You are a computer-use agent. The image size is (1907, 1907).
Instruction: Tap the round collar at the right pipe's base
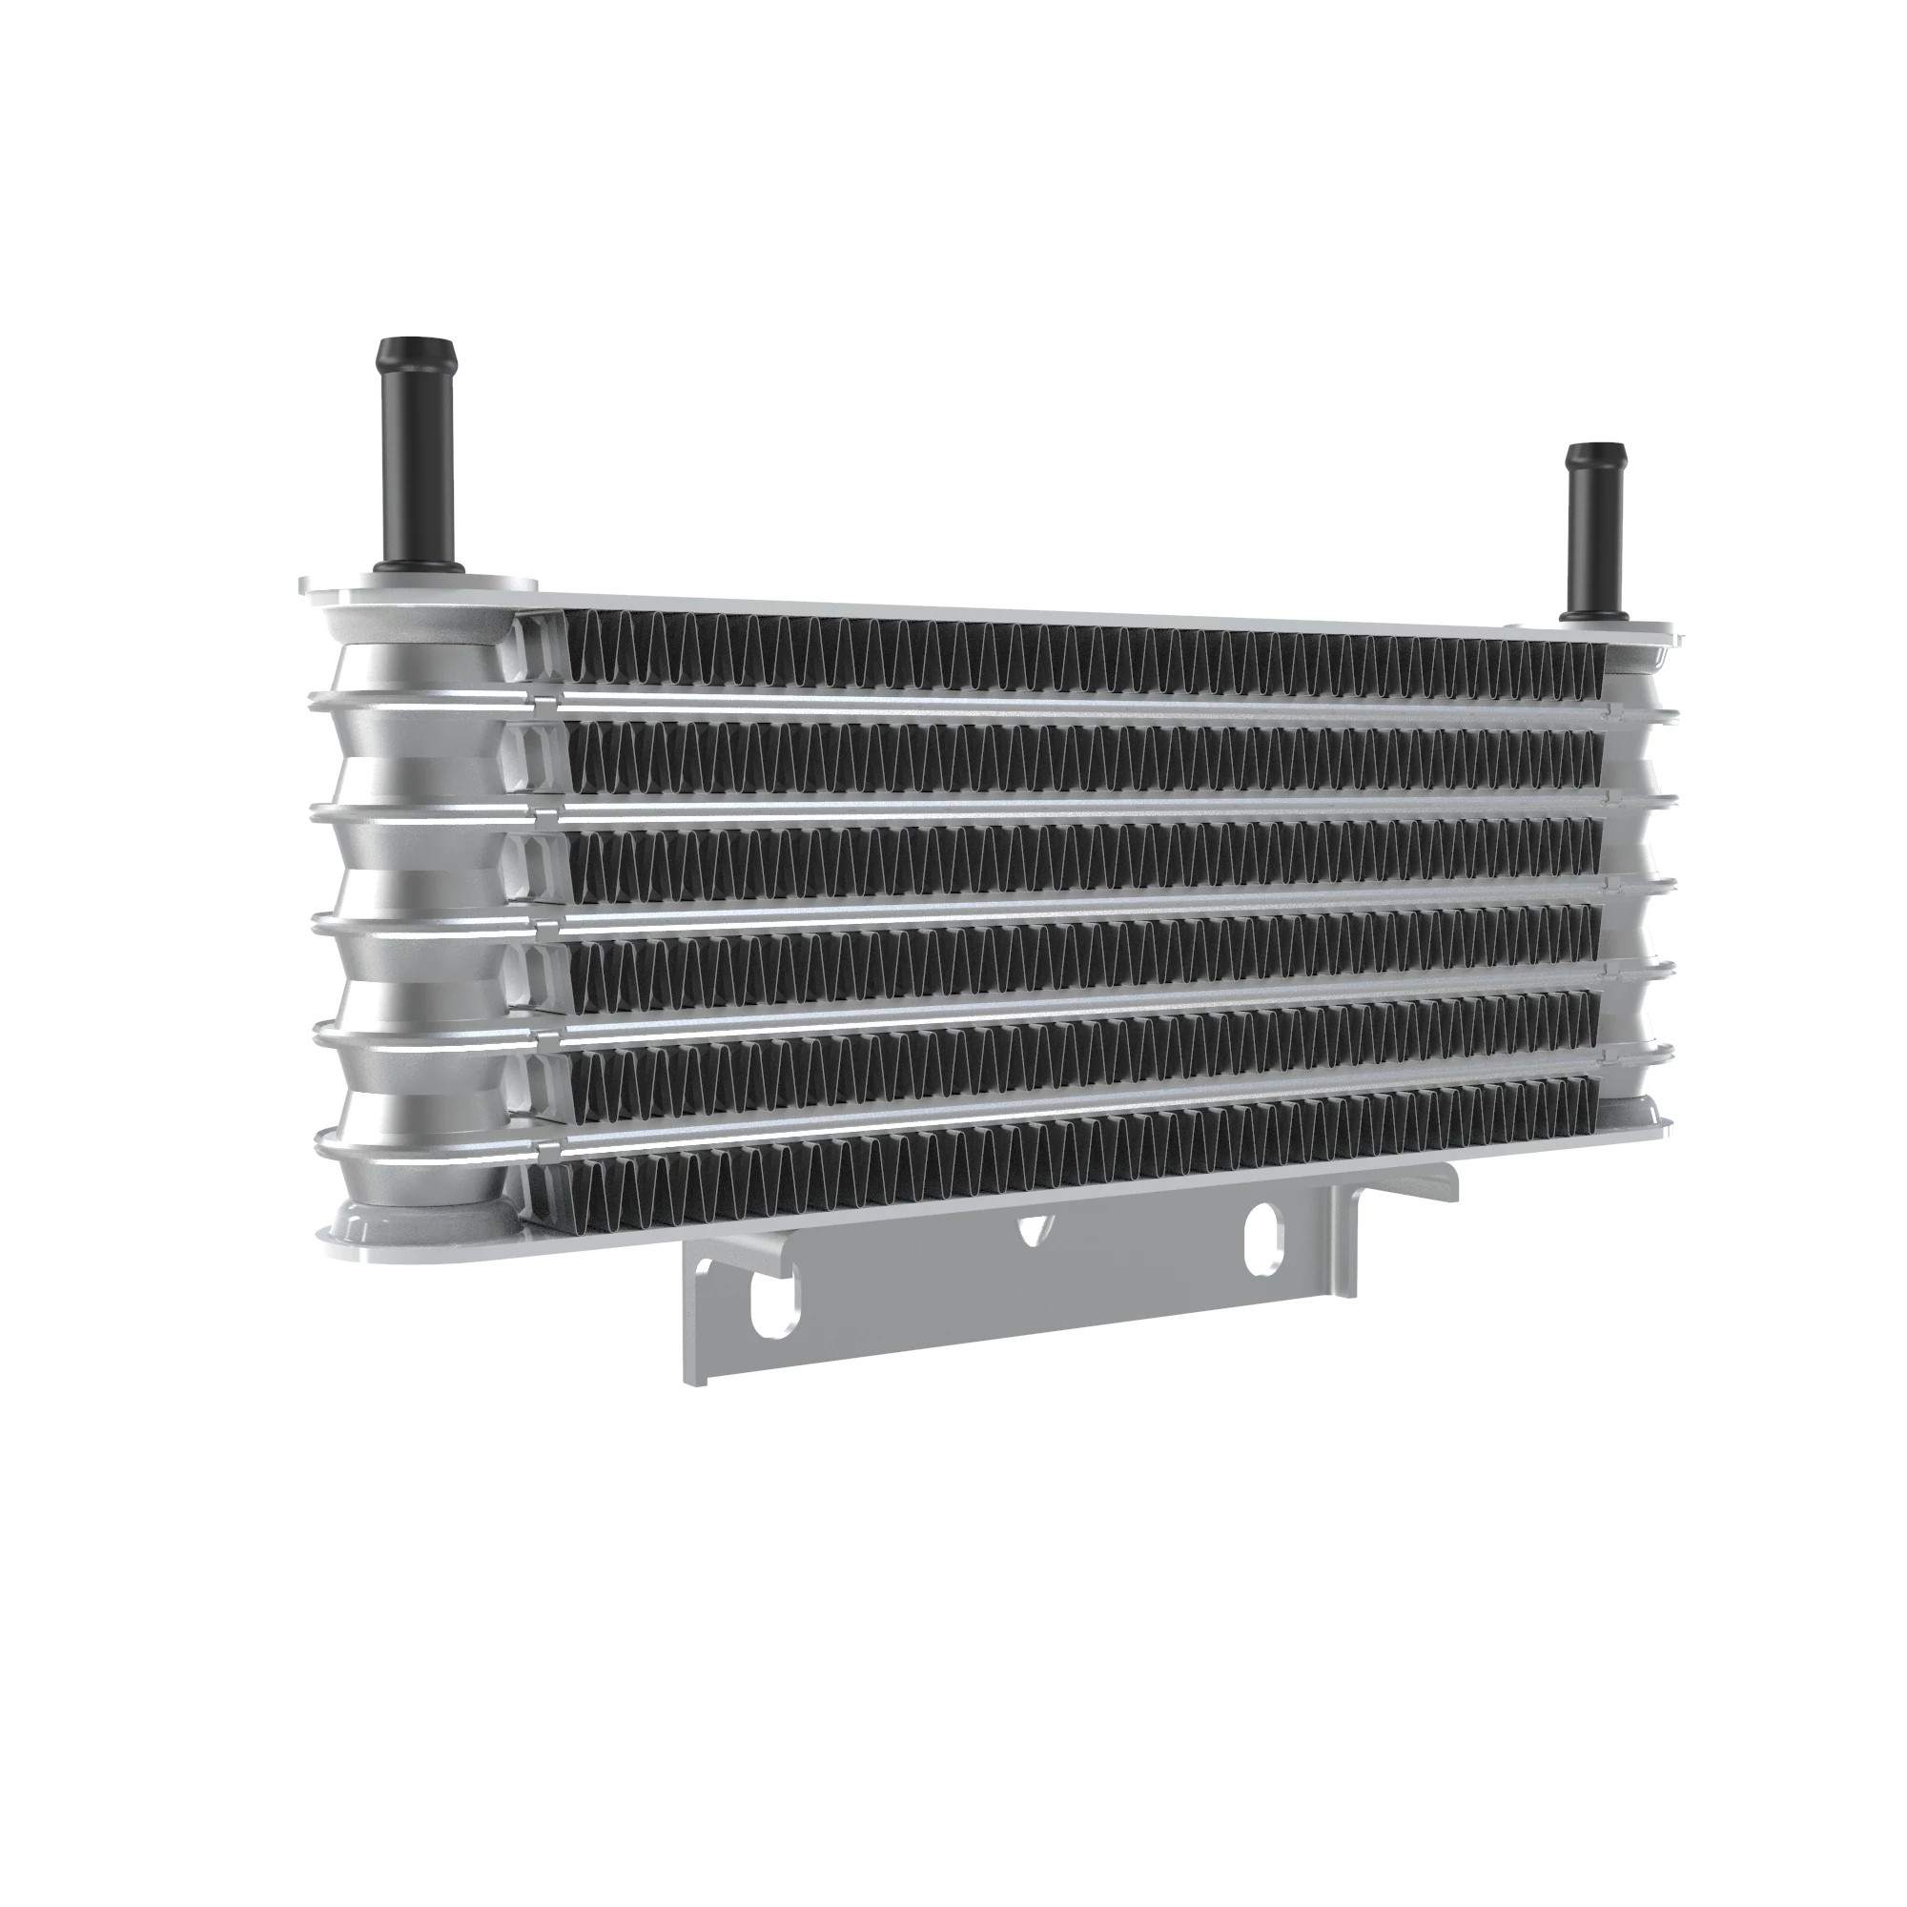tap(1593, 614)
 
